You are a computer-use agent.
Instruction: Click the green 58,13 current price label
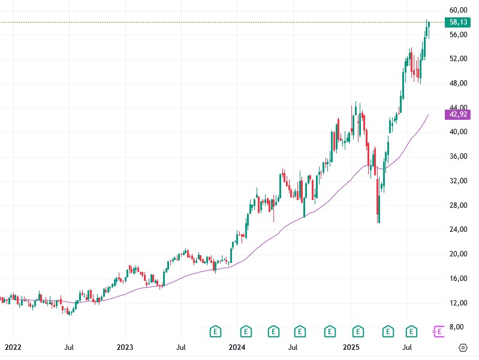(458, 22)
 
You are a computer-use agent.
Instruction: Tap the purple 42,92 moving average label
(458, 114)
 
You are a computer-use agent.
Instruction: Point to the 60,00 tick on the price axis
(458, 10)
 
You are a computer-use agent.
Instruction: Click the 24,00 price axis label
(458, 229)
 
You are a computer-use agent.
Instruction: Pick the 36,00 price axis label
(458, 156)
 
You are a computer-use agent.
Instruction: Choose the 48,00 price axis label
(458, 83)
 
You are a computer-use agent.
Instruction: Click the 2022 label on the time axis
(13, 347)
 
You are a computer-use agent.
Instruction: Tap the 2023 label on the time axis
(125, 347)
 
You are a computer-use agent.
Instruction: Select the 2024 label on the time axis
(237, 347)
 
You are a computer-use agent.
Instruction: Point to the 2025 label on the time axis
(351, 347)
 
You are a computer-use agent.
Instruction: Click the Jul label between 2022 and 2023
(69, 347)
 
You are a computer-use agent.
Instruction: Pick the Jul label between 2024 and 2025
(293, 347)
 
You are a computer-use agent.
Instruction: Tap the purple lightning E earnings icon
(438, 330)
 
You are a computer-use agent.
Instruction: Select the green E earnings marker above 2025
(358, 330)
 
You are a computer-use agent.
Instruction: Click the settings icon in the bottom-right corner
(463, 347)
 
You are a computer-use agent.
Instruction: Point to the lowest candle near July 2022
(70, 311)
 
